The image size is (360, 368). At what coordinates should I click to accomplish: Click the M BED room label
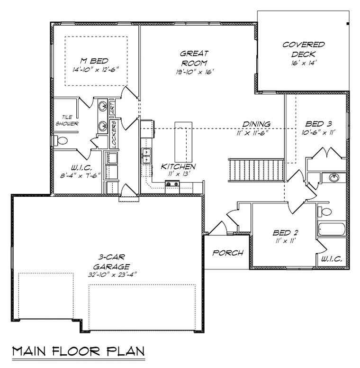[x=95, y=61]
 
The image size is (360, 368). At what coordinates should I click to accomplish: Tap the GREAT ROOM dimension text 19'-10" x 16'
[x=194, y=72]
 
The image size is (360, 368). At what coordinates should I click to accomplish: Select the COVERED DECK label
[x=303, y=49]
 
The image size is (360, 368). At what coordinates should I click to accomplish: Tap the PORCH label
[x=228, y=253]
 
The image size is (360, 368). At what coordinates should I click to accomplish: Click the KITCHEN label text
[x=178, y=166]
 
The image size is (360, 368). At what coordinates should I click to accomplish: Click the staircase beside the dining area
[x=256, y=170]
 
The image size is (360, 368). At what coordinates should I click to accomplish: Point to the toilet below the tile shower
[x=59, y=140]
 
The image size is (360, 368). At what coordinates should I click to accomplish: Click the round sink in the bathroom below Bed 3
[x=334, y=178]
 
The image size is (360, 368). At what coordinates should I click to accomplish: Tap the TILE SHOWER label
[x=66, y=120]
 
